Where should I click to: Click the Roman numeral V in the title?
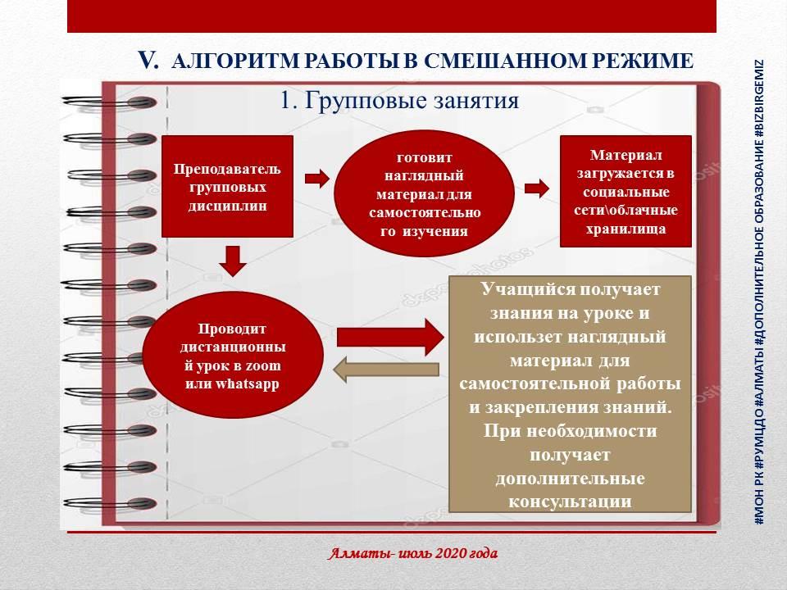click(147, 59)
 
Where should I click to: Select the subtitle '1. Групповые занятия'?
click(399, 101)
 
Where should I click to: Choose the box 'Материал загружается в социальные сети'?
click(626, 191)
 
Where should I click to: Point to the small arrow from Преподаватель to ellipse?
click(316, 178)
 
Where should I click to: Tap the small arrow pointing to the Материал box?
click(537, 188)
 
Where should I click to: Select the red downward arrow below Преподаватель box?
click(233, 260)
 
